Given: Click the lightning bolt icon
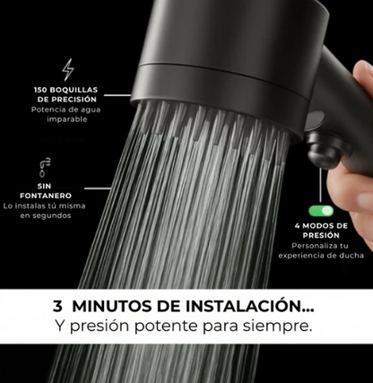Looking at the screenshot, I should point(68,69).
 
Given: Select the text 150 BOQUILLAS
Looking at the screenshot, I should point(67,91).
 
